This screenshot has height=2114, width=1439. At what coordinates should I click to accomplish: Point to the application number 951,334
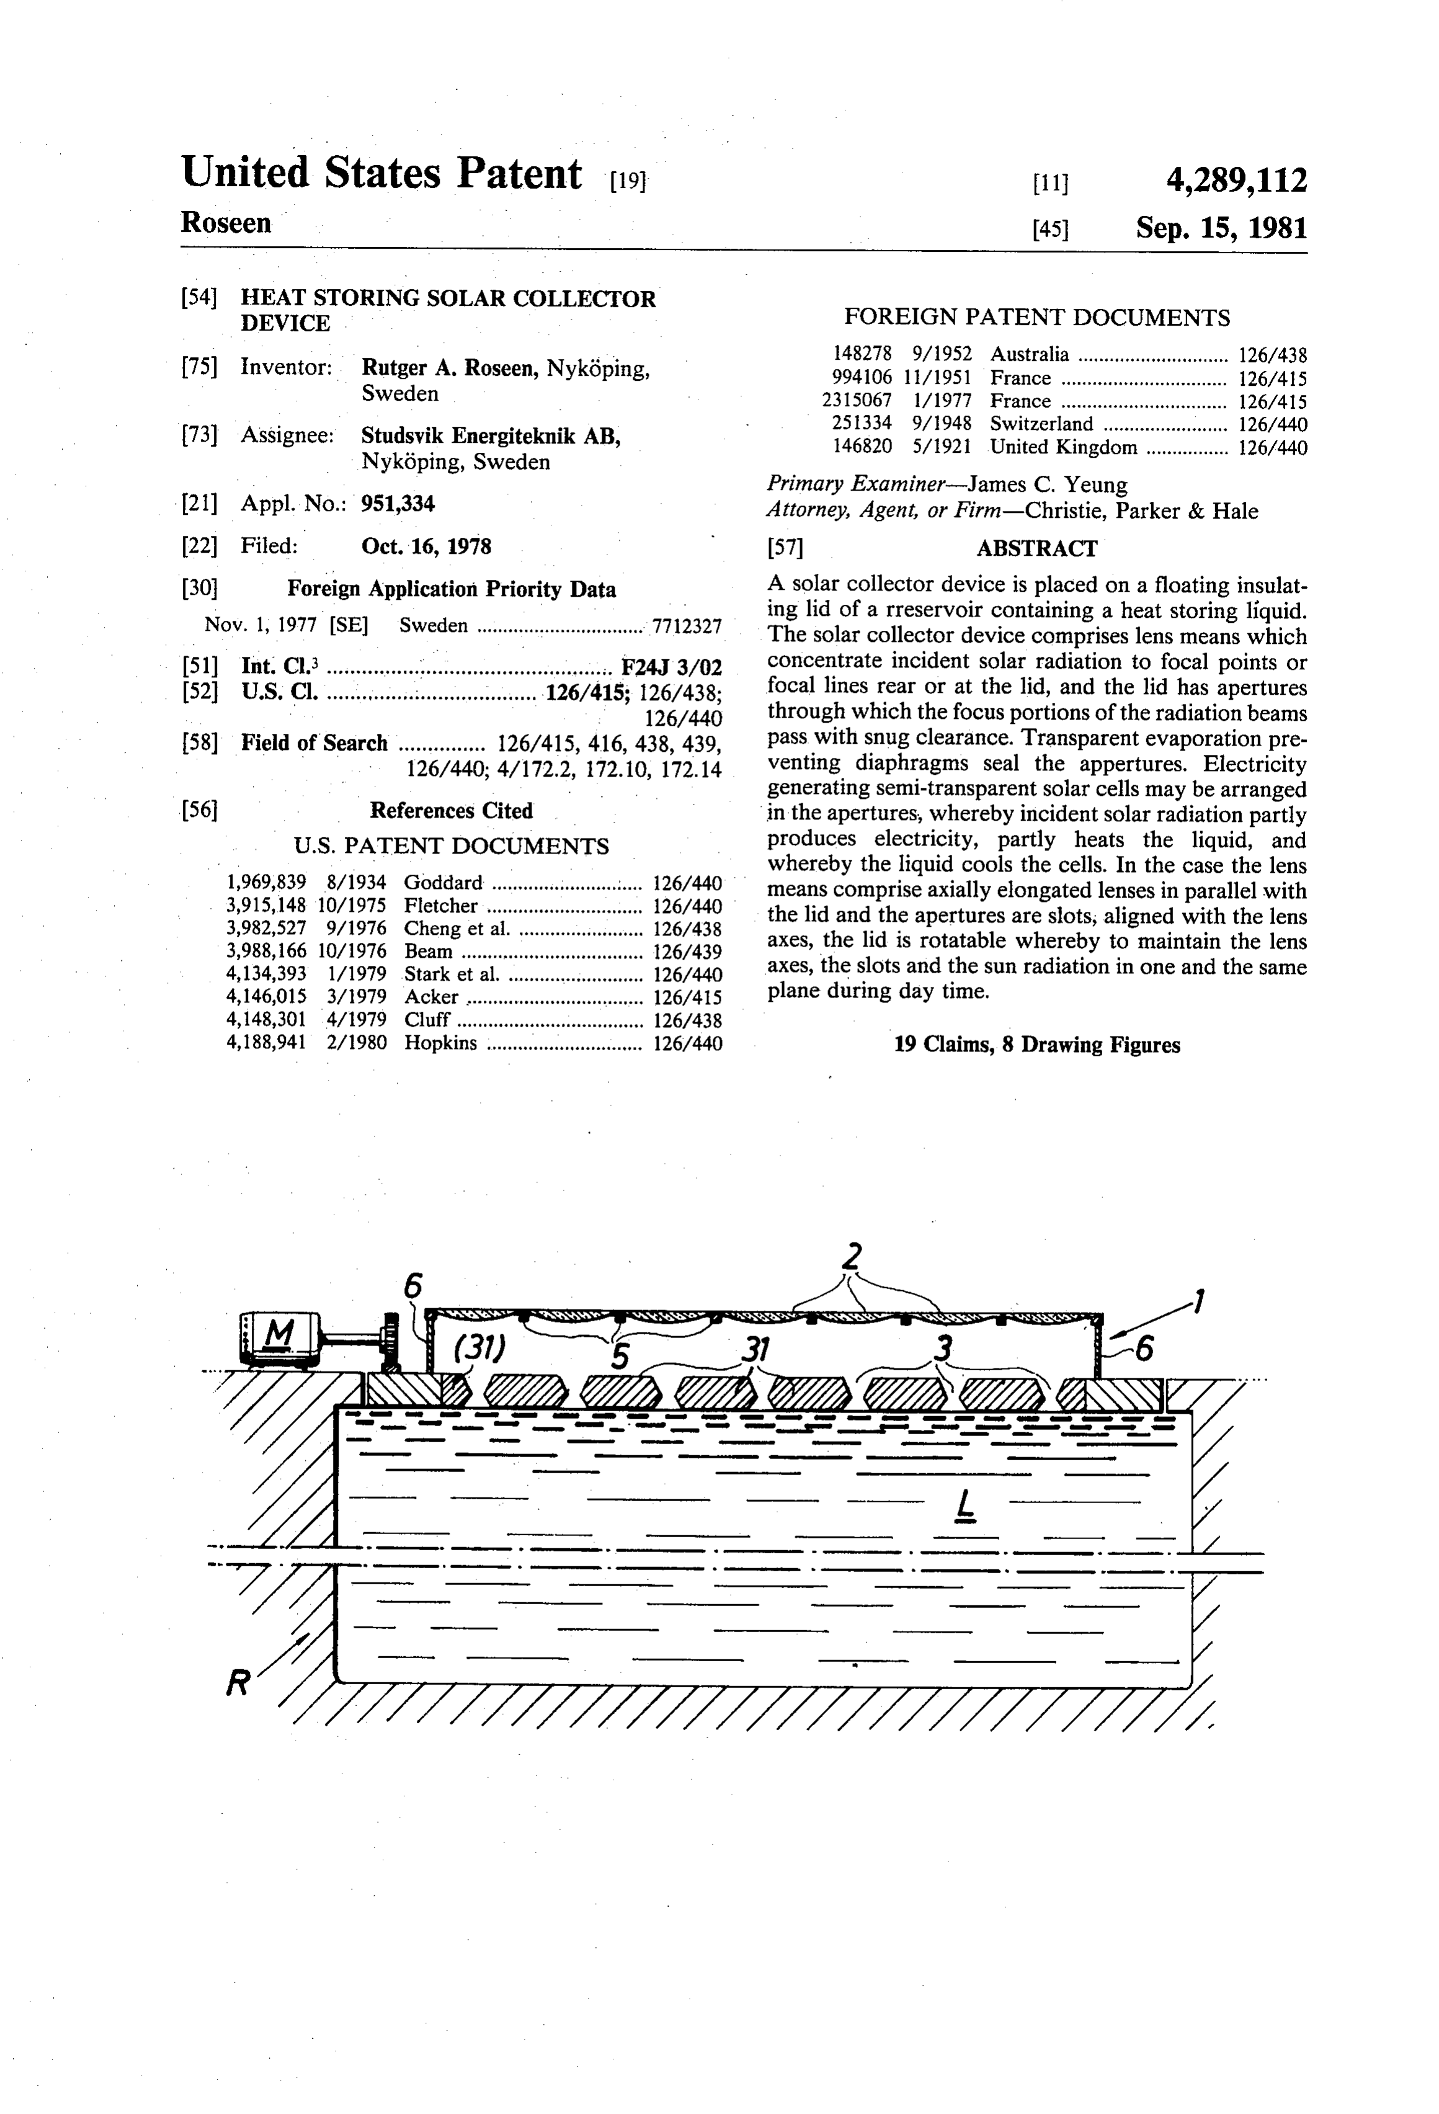[x=398, y=503]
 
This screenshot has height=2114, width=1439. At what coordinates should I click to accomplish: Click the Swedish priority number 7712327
[x=687, y=626]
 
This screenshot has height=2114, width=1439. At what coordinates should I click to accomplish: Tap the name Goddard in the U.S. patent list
[x=443, y=882]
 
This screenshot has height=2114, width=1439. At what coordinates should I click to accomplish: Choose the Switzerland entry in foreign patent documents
[x=1041, y=424]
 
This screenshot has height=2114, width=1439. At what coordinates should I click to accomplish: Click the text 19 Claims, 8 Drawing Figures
[x=1037, y=1044]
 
